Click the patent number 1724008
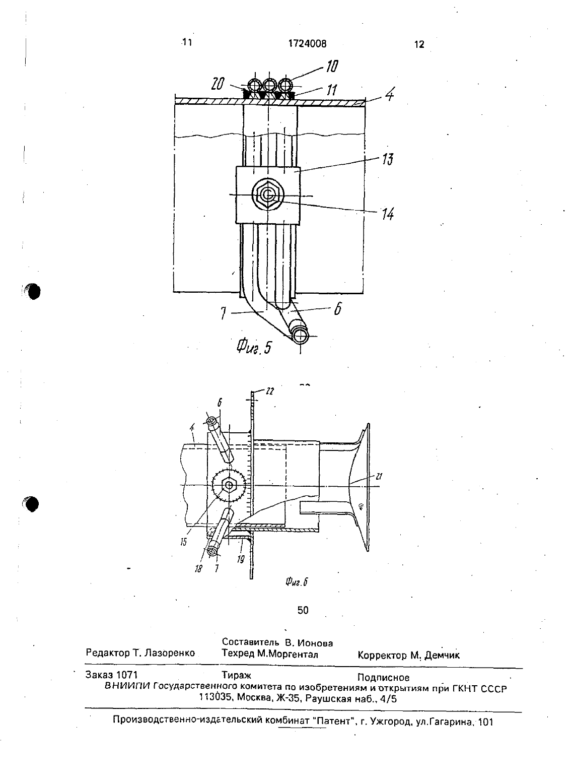coord(307,43)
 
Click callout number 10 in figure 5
coord(332,66)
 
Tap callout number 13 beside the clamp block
coord(387,159)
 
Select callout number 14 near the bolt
coord(388,214)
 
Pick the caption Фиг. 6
coord(296,581)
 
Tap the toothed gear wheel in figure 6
coord(229,485)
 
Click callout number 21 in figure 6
coord(379,476)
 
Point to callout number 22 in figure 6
coord(270,391)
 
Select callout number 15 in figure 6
coord(183,542)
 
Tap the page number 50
coord(303,610)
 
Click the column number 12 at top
coord(419,44)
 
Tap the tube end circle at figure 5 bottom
coord(300,336)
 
